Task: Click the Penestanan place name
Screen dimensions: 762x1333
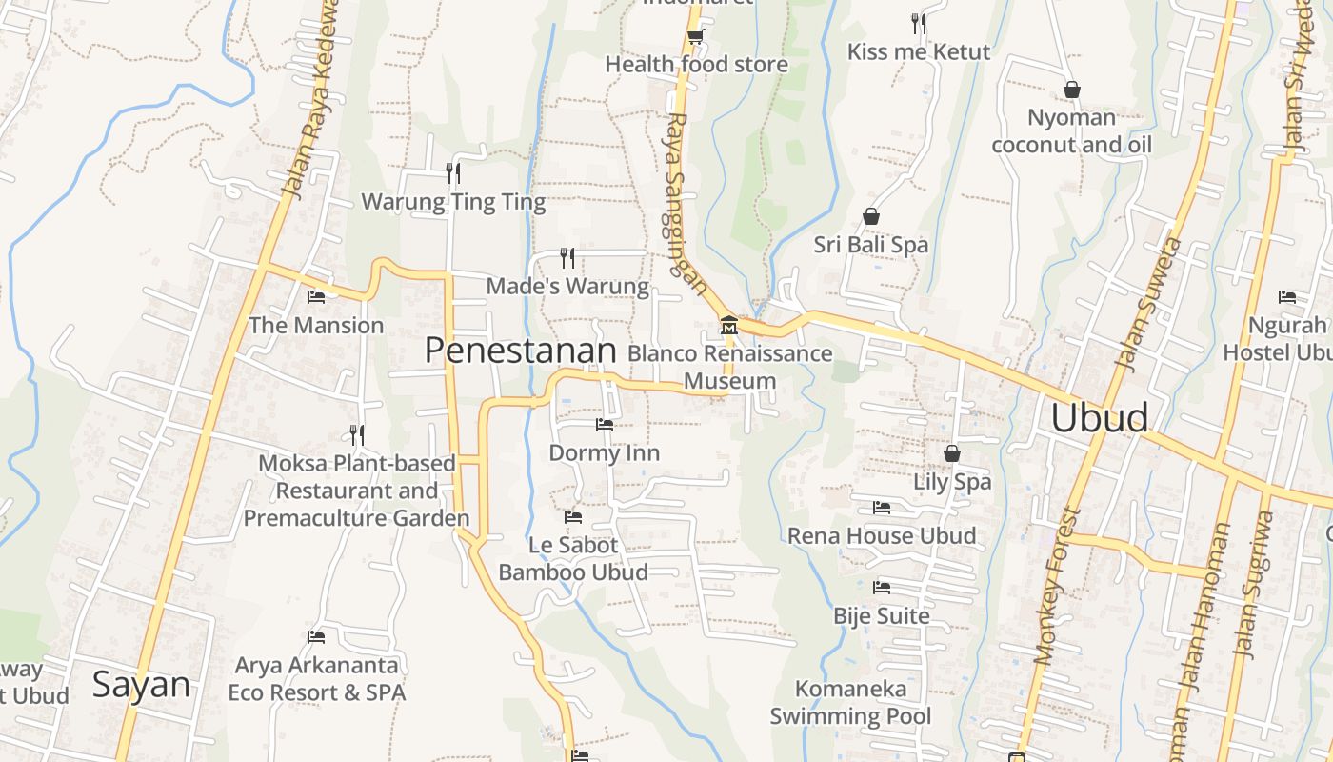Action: tap(521, 351)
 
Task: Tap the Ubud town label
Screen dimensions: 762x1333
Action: tap(1099, 418)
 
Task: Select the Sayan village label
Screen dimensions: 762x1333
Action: tap(141, 685)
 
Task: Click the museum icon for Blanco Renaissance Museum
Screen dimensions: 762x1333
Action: tap(729, 326)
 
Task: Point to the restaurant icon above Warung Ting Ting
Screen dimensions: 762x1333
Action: tap(453, 172)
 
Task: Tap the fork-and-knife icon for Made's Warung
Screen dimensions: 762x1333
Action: tap(567, 257)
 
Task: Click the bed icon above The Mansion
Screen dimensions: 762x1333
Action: tap(316, 297)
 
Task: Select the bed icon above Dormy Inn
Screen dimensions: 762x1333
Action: tap(605, 425)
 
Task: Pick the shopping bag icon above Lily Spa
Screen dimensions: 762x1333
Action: tap(952, 453)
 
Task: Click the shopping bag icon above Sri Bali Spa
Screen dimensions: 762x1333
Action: tap(870, 216)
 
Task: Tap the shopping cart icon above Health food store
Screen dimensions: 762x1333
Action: tap(696, 36)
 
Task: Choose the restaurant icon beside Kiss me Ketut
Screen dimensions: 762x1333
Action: tap(919, 23)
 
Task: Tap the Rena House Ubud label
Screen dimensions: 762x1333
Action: tap(882, 536)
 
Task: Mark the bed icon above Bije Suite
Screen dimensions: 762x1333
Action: tap(882, 588)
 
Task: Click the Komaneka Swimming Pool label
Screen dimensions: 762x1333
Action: tap(851, 702)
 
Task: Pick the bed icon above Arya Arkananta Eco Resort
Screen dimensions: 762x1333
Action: tap(316, 637)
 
